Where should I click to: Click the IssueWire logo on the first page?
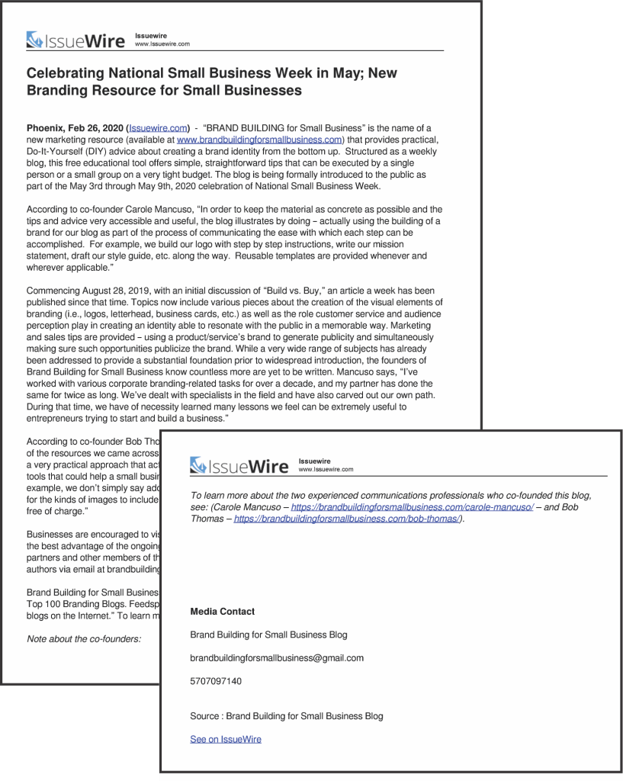point(75,40)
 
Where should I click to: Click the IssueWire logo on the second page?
point(239,465)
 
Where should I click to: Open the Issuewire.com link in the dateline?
point(158,128)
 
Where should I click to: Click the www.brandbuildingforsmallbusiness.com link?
point(259,140)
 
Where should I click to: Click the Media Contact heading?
point(222,612)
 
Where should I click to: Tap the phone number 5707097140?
point(216,681)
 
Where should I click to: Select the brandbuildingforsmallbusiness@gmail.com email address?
point(277,657)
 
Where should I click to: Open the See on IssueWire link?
point(226,739)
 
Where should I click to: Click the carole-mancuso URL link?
point(412,506)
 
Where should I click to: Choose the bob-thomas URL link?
point(346,519)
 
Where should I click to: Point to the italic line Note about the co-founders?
point(84,639)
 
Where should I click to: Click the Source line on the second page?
point(287,716)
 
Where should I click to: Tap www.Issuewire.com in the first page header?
point(162,44)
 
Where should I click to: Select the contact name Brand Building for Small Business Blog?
point(268,635)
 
